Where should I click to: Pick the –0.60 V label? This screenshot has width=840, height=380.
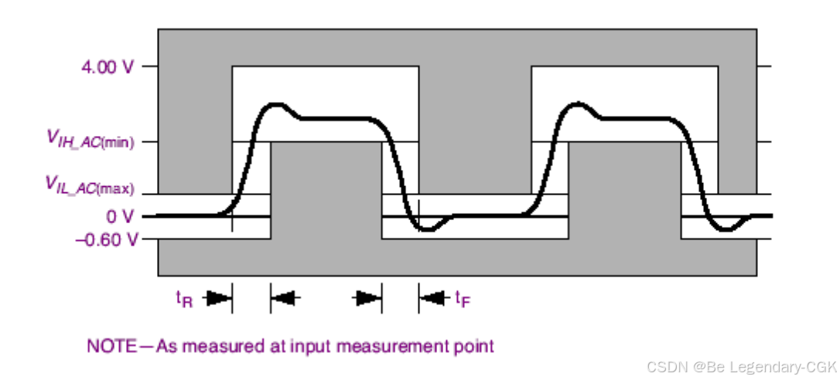[107, 239]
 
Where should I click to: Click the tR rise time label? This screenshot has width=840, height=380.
[184, 297]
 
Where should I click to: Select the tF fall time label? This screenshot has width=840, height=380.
[462, 297]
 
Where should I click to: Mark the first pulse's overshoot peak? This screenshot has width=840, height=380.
[275, 104]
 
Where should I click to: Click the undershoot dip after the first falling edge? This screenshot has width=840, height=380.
[424, 229]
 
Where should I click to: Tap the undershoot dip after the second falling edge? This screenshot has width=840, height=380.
[725, 229]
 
